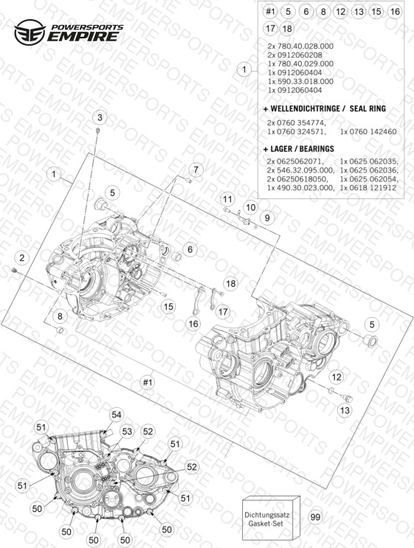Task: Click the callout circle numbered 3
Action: (100, 117)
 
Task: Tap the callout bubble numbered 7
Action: (196, 170)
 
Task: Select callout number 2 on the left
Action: (22, 258)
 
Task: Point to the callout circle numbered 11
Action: (227, 200)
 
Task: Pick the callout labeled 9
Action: (267, 218)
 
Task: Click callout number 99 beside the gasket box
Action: (315, 517)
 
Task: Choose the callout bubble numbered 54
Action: (116, 415)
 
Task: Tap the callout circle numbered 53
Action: (127, 431)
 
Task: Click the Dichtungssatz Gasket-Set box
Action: (271, 518)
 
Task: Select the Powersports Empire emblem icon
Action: (30, 32)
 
